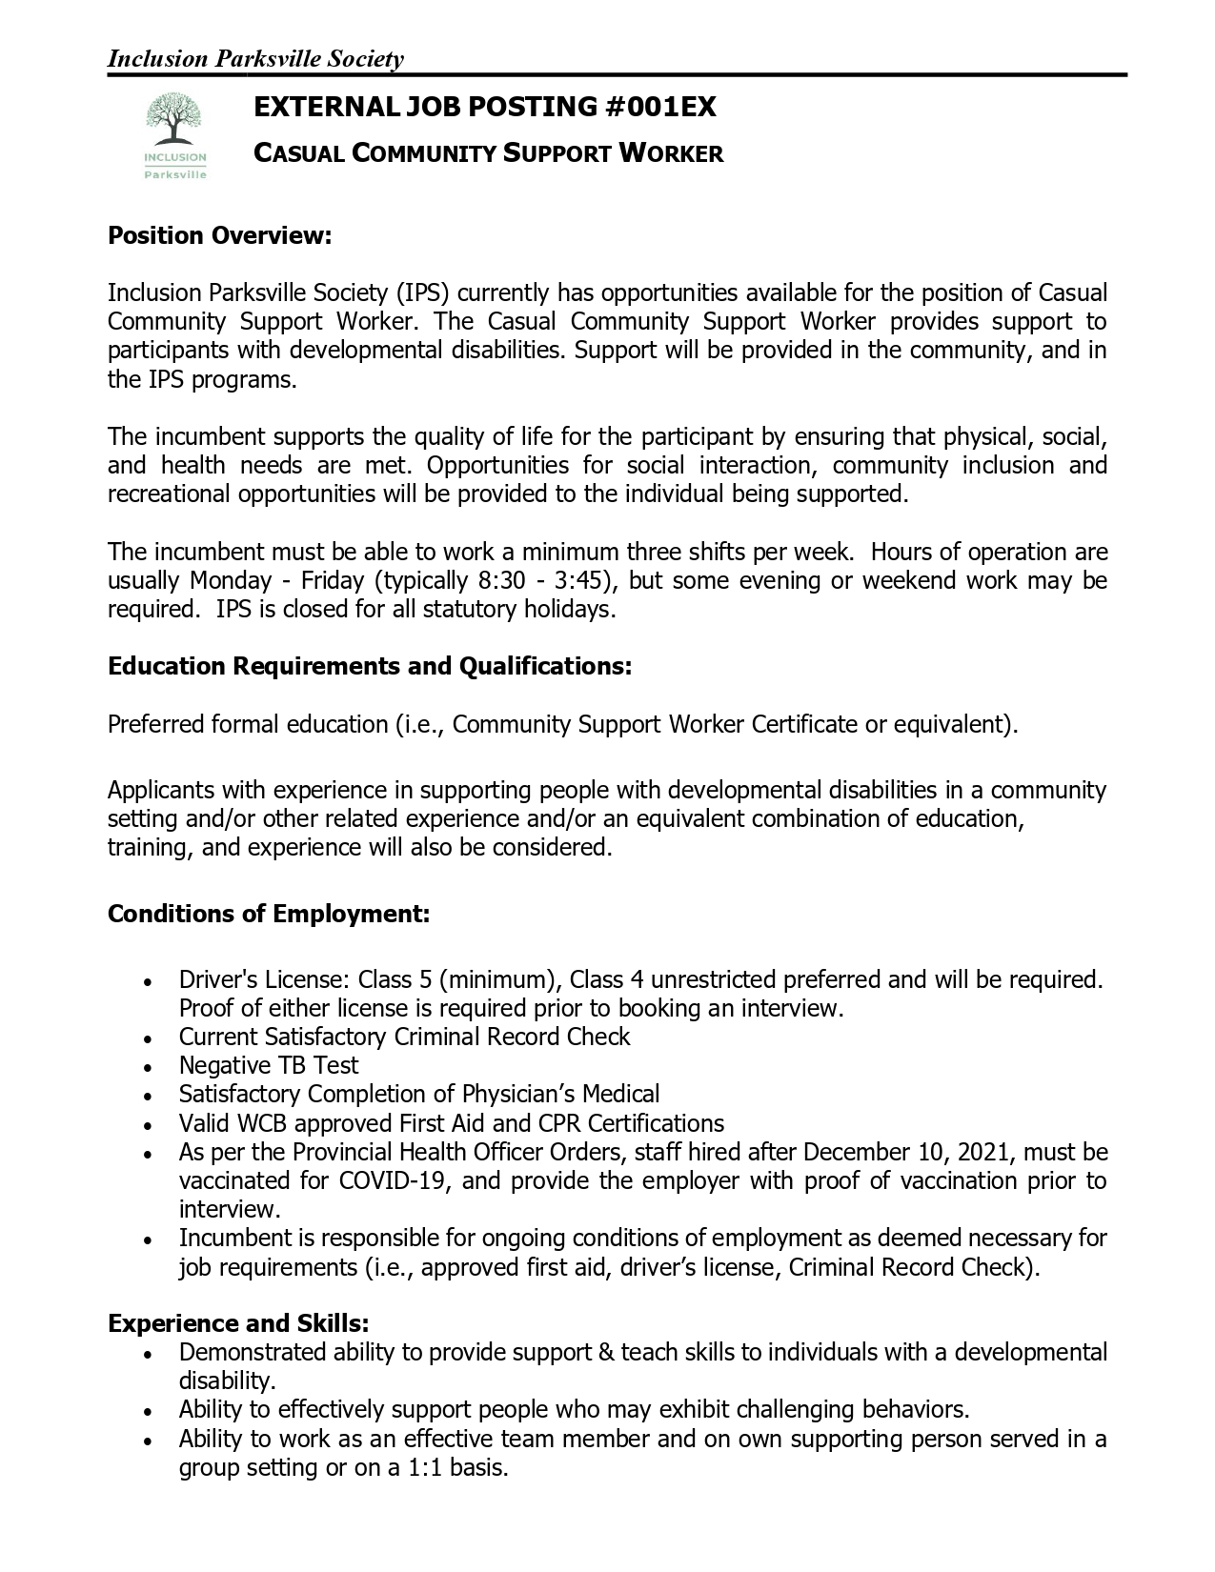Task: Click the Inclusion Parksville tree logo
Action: click(x=174, y=134)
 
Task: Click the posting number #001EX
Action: click(x=660, y=107)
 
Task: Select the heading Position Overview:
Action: click(x=219, y=235)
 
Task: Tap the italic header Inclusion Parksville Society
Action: click(x=255, y=59)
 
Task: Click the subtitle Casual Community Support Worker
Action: click(x=488, y=152)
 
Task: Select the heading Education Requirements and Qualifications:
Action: click(x=370, y=666)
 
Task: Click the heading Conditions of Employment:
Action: click(x=269, y=914)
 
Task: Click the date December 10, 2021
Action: click(x=909, y=1152)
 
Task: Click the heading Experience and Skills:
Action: click(x=238, y=1323)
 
